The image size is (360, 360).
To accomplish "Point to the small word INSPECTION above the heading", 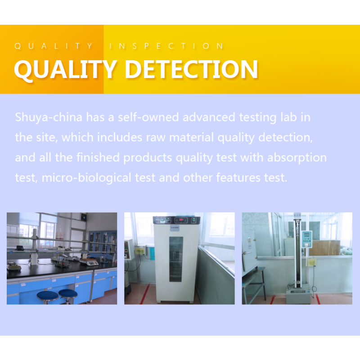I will [x=166, y=46].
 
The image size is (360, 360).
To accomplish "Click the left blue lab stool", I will [x=47, y=295].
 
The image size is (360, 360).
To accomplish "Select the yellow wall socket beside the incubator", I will [x=140, y=250].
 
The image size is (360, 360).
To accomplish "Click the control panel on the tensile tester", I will [x=307, y=238].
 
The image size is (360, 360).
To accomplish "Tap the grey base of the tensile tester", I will [x=298, y=295].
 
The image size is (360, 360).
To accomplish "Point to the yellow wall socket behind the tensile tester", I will [x=311, y=261].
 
